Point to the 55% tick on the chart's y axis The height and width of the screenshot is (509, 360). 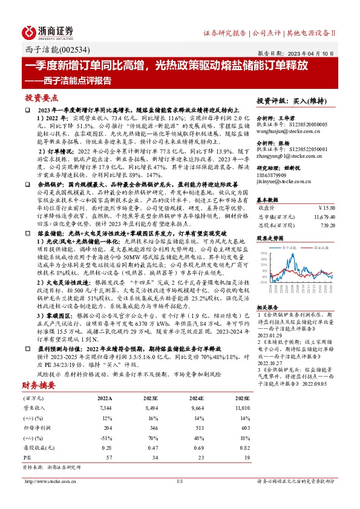[265, 254]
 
